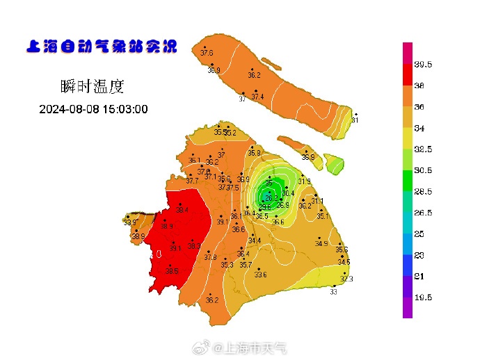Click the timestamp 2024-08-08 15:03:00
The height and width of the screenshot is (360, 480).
click(x=93, y=109)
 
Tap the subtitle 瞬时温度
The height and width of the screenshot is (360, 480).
click(x=93, y=87)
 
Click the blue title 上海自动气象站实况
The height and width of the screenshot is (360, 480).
click(x=101, y=47)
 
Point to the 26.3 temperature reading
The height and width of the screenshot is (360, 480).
click(x=271, y=197)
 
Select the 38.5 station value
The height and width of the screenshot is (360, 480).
click(x=172, y=271)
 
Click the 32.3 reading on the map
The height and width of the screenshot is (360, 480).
click(x=346, y=279)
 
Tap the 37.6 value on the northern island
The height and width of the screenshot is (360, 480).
click(x=207, y=53)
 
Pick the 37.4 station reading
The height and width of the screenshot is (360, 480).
click(x=257, y=97)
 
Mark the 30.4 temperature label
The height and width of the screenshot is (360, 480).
click(x=288, y=193)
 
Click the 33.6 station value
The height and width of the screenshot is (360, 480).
click(x=260, y=275)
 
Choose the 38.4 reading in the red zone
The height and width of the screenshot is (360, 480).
click(x=182, y=210)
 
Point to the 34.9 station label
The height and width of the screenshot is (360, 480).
click(x=321, y=243)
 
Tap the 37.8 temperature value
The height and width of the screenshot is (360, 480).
click(x=210, y=257)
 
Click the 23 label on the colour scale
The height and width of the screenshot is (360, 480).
click(x=419, y=255)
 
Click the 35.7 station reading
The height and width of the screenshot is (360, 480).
click(x=246, y=265)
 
